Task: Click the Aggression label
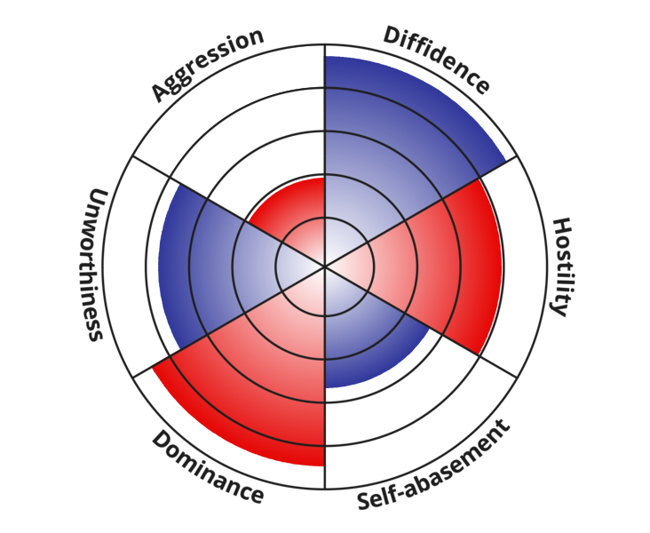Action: click(207, 64)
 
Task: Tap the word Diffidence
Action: click(436, 60)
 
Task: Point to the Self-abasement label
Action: click(434, 465)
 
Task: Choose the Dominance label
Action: click(207, 467)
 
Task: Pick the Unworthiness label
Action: click(95, 264)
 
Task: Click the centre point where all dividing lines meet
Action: click(325, 266)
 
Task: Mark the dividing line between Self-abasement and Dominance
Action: click(325, 426)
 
